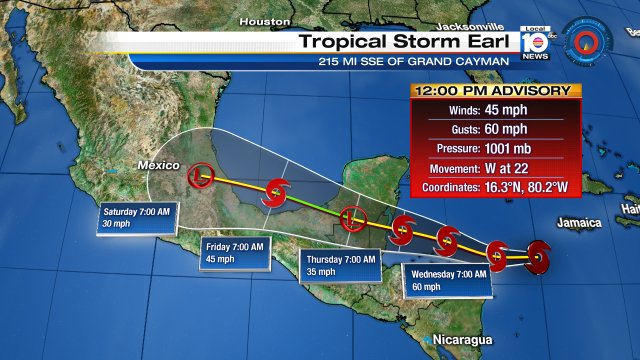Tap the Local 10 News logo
click(x=535, y=44)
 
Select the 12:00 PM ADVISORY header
click(x=495, y=91)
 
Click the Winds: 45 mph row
click(x=495, y=111)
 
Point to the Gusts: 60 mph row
click(x=495, y=130)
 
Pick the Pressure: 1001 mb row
click(x=495, y=149)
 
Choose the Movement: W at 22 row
click(x=495, y=168)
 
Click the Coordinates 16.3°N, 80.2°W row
click(x=495, y=188)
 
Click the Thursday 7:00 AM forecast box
click(x=341, y=265)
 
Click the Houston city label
click(x=264, y=20)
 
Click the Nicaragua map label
click(x=463, y=341)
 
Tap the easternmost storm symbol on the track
click(x=538, y=256)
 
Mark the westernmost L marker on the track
click(x=203, y=176)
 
